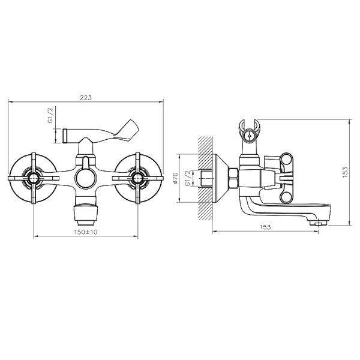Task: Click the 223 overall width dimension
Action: click(x=88, y=97)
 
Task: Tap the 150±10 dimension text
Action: click(x=86, y=232)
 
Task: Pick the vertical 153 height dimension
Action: click(x=344, y=173)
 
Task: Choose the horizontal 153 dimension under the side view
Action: click(x=266, y=227)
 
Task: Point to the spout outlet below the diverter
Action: click(x=86, y=211)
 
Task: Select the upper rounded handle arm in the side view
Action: click(x=287, y=161)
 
